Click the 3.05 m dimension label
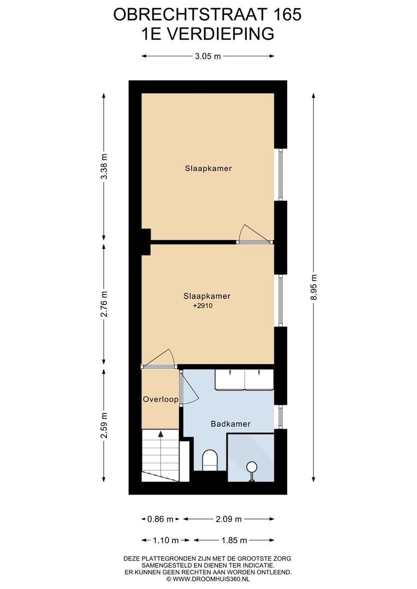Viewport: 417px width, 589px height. point(207,56)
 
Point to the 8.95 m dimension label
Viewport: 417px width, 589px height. point(314,287)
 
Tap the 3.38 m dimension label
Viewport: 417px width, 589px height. point(105,166)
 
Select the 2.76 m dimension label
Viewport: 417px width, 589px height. point(105,304)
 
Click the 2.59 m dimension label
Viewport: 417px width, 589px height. point(105,425)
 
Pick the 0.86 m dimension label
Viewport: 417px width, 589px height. point(160,519)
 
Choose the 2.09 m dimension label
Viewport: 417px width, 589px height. point(229,519)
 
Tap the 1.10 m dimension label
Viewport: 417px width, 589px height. point(166,540)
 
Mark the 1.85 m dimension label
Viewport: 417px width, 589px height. point(234,540)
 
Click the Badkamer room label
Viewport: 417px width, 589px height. point(230,424)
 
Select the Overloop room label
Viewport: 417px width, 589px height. point(160,400)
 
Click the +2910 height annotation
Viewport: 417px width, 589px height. point(202,306)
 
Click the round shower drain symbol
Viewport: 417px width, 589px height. point(252,468)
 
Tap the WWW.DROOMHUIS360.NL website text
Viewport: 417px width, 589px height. point(210,580)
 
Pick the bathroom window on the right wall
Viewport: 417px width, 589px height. point(281,417)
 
